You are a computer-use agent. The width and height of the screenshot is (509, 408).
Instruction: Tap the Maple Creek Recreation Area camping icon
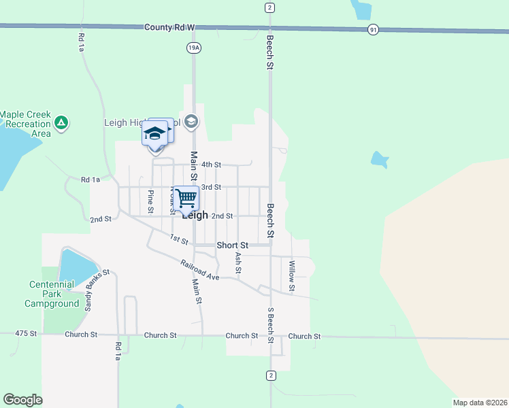[62, 123]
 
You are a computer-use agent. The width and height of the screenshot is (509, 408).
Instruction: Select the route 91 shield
[373, 30]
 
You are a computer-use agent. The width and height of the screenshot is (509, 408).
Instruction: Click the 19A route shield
[193, 48]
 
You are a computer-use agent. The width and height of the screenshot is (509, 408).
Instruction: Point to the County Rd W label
[169, 27]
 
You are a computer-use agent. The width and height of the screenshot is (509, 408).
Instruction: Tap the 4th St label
[212, 165]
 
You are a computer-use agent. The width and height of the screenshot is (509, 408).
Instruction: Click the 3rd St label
[212, 187]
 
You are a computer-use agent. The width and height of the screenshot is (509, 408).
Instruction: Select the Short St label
[233, 245]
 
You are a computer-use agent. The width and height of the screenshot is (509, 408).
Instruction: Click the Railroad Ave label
[200, 269]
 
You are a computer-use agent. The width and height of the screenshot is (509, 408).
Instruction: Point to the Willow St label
[292, 276]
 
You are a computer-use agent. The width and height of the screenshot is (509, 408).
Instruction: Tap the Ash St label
[238, 263]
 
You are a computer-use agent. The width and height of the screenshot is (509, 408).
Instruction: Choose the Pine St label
[150, 200]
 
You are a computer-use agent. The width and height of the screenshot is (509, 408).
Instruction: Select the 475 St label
[25, 334]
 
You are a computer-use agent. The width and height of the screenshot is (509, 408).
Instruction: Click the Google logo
[22, 400]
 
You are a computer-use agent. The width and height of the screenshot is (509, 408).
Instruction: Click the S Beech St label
[271, 324]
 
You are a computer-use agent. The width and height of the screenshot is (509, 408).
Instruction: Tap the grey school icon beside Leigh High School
[191, 122]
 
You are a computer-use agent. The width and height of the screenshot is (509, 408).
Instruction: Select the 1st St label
[179, 239]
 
